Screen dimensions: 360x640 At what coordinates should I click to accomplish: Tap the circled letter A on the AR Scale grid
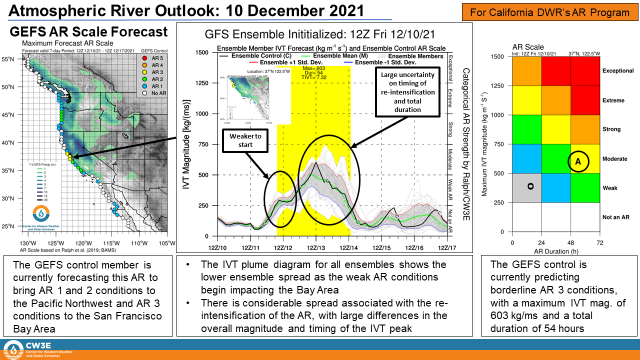(577, 161)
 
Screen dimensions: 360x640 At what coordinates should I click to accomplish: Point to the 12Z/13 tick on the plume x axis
(316, 247)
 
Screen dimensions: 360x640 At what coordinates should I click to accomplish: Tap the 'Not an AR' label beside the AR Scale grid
(615, 217)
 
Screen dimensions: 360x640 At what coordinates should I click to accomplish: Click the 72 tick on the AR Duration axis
(599, 242)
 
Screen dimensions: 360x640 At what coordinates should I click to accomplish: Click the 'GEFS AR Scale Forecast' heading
(89, 32)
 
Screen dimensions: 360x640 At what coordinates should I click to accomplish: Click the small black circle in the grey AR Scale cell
(530, 186)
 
